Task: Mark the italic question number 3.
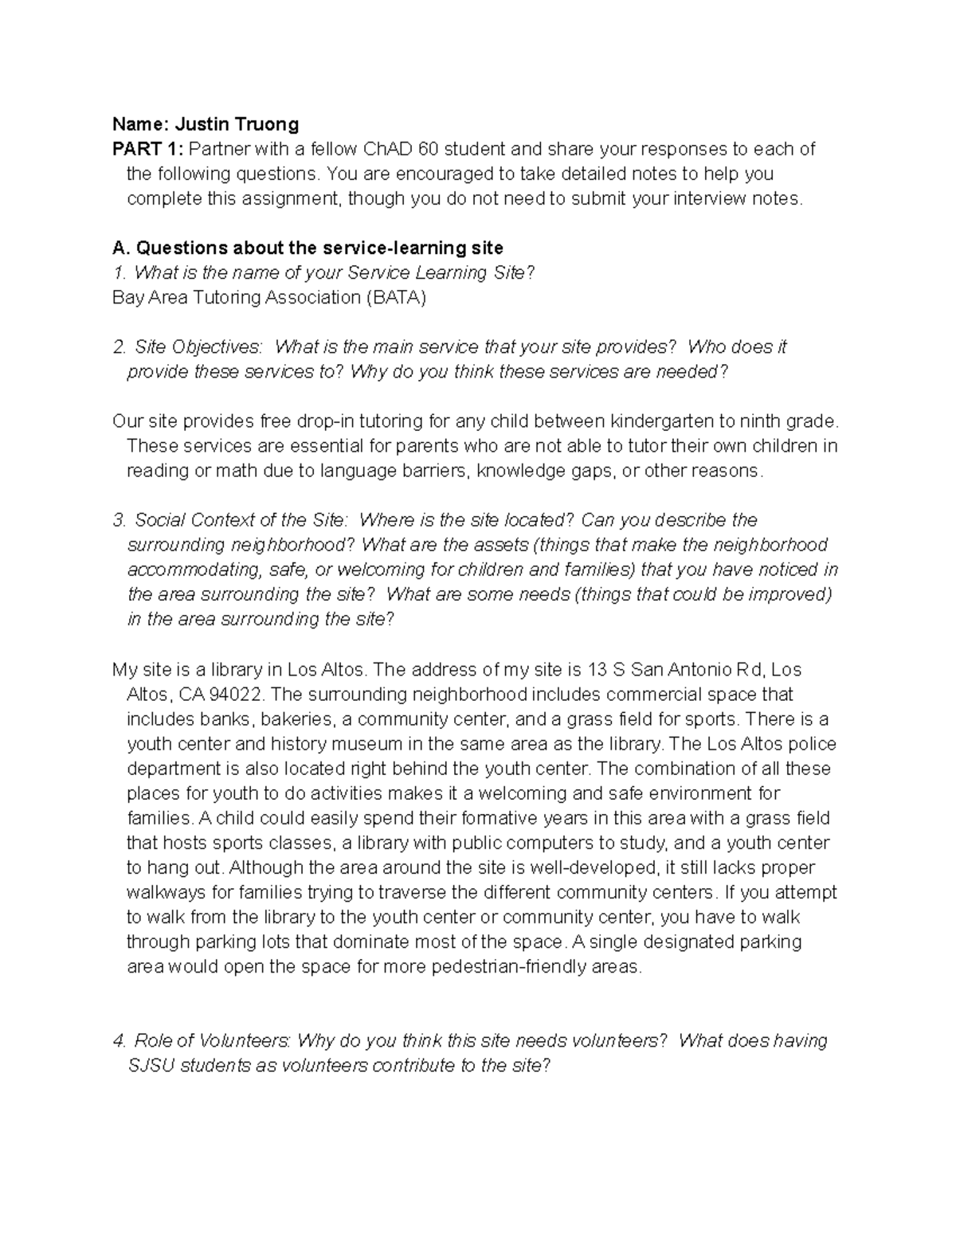(120, 520)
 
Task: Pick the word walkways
(163, 892)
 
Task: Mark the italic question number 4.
(120, 1041)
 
